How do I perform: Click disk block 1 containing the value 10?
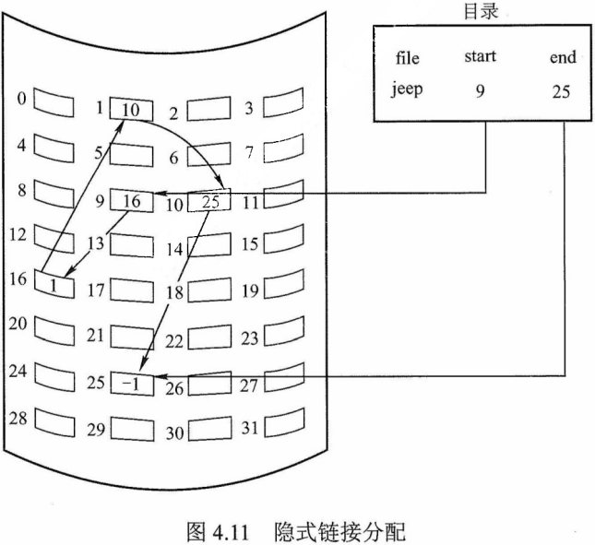pyautogui.click(x=131, y=110)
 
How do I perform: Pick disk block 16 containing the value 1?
pyautogui.click(x=54, y=283)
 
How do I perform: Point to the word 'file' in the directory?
pyautogui.click(x=407, y=58)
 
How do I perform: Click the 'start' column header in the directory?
pyautogui.click(x=480, y=56)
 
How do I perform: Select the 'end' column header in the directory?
pyautogui.click(x=562, y=57)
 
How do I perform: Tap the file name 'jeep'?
pyautogui.click(x=407, y=91)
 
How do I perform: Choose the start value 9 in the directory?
pyautogui.click(x=480, y=92)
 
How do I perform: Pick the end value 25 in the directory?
pyautogui.click(x=562, y=92)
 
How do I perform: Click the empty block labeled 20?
pyautogui.click(x=55, y=330)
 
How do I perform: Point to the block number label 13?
pyautogui.click(x=97, y=243)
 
